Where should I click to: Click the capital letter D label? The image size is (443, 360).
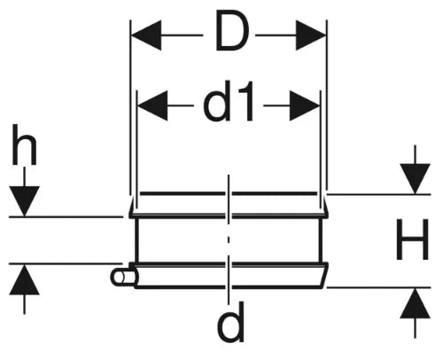[232, 31]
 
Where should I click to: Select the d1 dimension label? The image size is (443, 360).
[229, 101]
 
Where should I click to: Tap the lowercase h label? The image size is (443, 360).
[24, 145]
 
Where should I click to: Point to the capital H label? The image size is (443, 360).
[412, 239]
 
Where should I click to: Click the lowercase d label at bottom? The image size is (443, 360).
[230, 322]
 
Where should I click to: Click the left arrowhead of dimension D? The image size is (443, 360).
[146, 35]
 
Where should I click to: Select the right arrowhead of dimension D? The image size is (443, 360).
[311, 35]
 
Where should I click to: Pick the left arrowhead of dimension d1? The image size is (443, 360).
[152, 106]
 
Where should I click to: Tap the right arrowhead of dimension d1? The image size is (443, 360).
[305, 106]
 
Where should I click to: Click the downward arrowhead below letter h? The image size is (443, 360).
[24, 201]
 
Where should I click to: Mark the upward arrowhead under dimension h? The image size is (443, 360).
[24, 279]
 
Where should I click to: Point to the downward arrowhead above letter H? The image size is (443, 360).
[416, 179]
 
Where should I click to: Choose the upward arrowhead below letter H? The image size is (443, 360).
[416, 303]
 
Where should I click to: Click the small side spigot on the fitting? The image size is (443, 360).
[124, 278]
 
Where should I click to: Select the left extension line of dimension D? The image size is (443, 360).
[130, 107]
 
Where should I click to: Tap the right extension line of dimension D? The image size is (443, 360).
[327, 104]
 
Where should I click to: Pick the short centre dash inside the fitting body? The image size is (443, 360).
[229, 239]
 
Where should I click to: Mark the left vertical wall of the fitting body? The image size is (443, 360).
[136, 240]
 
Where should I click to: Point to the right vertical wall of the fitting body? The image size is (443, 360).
[322, 240]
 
